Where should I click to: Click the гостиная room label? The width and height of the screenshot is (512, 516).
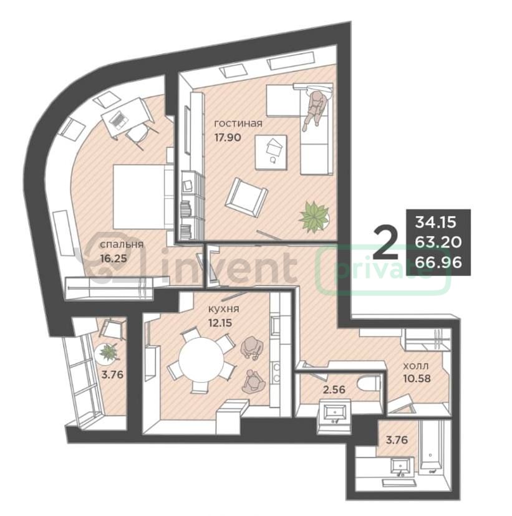238,123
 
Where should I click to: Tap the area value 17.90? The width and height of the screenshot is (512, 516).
228,137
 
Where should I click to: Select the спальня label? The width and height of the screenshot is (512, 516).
122,244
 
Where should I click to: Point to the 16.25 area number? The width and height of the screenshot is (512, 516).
114,259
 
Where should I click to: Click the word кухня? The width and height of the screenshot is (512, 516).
223,309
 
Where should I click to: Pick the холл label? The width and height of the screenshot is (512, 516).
416,366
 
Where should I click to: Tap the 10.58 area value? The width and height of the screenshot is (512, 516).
417,378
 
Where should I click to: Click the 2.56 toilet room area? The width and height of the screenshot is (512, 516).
334,389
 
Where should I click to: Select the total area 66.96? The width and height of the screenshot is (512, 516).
438,262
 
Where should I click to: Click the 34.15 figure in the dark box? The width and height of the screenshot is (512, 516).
435,222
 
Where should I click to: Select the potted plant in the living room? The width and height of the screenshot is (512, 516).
314,217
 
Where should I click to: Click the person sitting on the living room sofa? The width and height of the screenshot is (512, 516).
315,110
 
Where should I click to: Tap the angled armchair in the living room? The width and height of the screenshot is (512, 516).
246,197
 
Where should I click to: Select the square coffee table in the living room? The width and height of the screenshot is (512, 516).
271,152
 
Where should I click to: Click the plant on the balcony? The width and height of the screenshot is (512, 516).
107,353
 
